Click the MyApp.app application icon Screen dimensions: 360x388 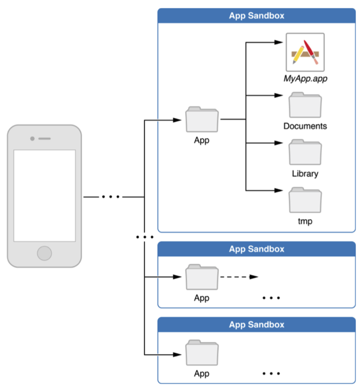tap(305, 52)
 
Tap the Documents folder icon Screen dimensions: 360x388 tap(305, 105)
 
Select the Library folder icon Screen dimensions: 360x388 tap(305, 152)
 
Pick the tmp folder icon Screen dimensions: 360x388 tap(305, 200)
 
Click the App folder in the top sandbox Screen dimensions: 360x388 tap(202, 120)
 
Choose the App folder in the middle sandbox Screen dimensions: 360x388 tap(202, 277)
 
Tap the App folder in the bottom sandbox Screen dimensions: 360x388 tap(202, 353)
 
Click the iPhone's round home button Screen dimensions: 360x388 tap(44, 253)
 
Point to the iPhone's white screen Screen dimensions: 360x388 tap(44, 196)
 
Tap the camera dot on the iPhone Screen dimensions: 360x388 tap(32, 139)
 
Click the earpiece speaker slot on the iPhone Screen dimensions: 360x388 tap(44, 139)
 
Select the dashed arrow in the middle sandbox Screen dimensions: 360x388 tap(239, 277)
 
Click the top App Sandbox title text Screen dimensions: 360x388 tap(256, 16)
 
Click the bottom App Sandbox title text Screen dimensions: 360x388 tap(256, 325)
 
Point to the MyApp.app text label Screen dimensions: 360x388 tap(305, 79)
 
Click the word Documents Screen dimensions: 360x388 tap(305, 126)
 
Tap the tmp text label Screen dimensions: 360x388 tap(305, 221)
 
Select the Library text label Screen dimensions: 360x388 tap(305, 174)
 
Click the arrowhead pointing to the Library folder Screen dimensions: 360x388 tap(278, 143)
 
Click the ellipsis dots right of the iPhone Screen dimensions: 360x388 tap(111, 197)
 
